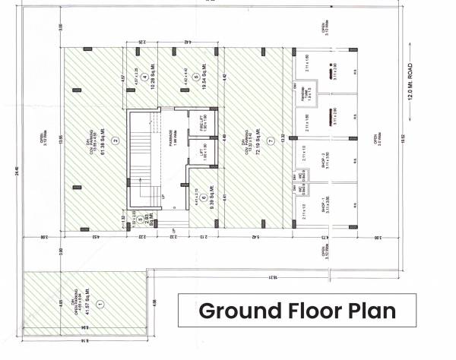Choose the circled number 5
pyautogui.click(x=195, y=78)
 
